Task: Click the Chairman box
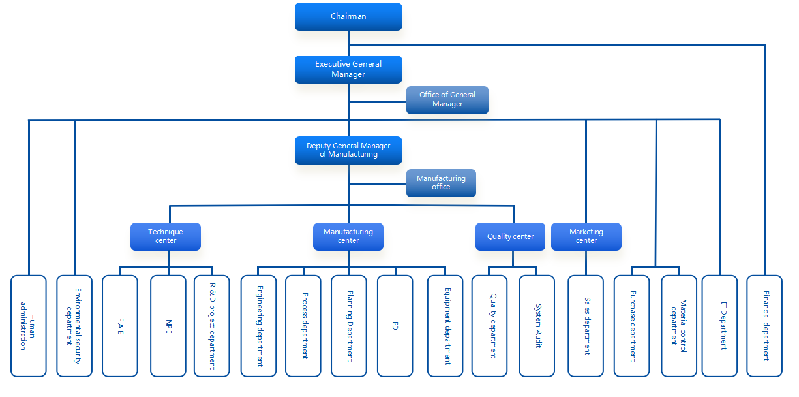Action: click(x=348, y=16)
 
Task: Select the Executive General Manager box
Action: click(x=348, y=69)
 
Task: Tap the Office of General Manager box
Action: click(x=447, y=100)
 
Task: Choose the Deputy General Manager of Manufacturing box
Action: click(x=348, y=150)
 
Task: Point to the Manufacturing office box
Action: click(x=441, y=183)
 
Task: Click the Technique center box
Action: click(x=166, y=236)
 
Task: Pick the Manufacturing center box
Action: click(x=348, y=236)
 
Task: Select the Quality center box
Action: click(x=510, y=236)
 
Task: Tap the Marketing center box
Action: click(x=586, y=236)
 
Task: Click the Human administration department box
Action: click(x=29, y=326)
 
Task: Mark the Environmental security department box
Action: click(x=74, y=326)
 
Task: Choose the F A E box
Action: click(x=120, y=326)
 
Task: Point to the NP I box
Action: click(x=168, y=326)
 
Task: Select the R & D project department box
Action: click(x=212, y=326)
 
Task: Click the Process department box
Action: click(x=303, y=326)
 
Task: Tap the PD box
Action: click(x=395, y=326)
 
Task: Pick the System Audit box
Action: click(x=537, y=326)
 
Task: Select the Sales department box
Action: click(x=586, y=326)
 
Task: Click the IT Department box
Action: click(x=719, y=326)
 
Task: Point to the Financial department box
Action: click(x=764, y=326)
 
